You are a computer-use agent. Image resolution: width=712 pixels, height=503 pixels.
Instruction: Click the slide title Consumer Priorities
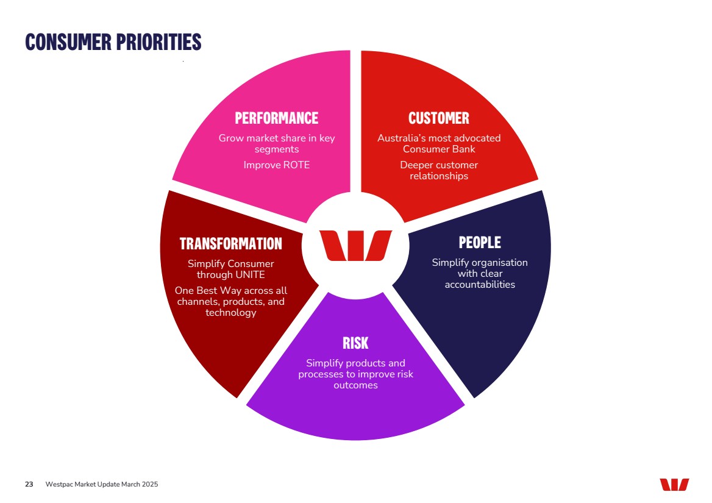tap(113, 42)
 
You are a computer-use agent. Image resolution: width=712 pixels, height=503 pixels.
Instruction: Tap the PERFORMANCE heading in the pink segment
tap(277, 118)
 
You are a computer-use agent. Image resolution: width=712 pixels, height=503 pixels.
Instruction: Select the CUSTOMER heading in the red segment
tap(439, 118)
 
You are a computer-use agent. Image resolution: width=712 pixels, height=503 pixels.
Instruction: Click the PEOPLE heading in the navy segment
tap(480, 243)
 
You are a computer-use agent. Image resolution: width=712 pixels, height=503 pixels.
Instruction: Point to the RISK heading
tap(355, 343)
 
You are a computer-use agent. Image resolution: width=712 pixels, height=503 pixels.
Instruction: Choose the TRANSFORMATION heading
tap(230, 244)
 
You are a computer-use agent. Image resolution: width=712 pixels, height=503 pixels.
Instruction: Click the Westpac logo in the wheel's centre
tap(355, 246)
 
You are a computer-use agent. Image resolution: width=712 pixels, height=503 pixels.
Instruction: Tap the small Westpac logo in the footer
tap(674, 484)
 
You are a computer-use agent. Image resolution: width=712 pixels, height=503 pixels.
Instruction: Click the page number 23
tap(29, 484)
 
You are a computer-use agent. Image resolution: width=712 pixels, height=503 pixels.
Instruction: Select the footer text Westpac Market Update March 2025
tap(102, 484)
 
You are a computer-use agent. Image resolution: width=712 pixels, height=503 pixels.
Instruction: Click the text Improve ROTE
tap(277, 165)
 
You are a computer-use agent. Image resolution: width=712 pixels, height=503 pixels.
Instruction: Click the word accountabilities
tap(480, 285)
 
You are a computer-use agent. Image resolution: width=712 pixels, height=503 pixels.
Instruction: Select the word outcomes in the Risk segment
tap(355, 385)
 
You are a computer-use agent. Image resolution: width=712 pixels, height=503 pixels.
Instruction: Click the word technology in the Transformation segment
tap(230, 313)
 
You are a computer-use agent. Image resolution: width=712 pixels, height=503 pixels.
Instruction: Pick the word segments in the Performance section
tap(277, 150)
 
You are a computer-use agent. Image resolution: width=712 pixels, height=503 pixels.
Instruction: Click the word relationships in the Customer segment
tap(439, 176)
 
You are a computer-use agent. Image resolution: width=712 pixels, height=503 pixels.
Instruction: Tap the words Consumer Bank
tap(439, 149)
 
